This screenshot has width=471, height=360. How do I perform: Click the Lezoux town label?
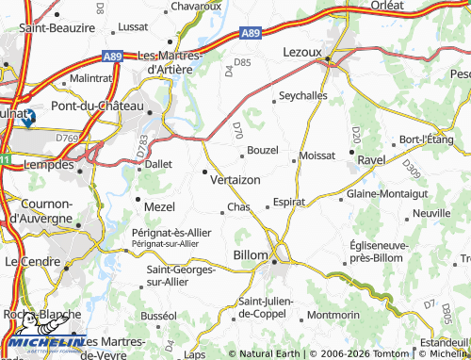pyautogui.click(x=302, y=54)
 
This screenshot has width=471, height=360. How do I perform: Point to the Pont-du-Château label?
pyautogui.click(x=97, y=106)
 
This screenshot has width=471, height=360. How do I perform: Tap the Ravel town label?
pyautogui.click(x=372, y=160)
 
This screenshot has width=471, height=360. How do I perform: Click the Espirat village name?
pyautogui.click(x=289, y=202)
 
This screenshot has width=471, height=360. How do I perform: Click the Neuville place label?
pyautogui.click(x=431, y=214)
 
